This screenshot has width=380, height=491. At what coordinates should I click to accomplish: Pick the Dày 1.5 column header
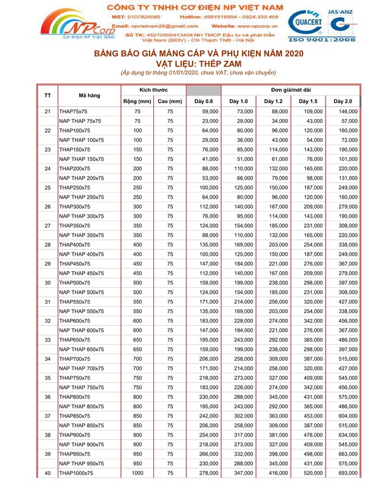click(x=308, y=101)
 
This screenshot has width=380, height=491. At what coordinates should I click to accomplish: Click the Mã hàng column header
click(x=89, y=96)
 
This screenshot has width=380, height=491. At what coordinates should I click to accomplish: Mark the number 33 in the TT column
click(x=47, y=340)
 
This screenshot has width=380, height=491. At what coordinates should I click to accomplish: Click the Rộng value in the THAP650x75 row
click(x=137, y=340)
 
